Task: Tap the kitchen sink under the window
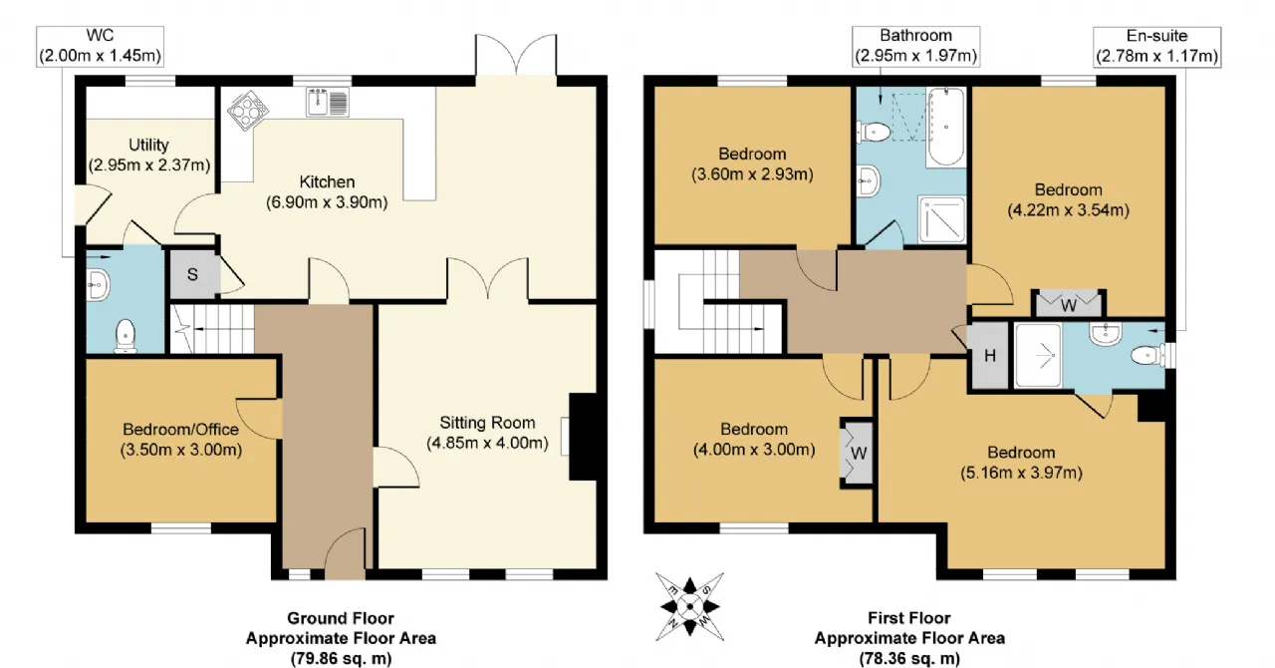[328, 102]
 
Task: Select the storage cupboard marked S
[193, 274]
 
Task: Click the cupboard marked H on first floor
[989, 356]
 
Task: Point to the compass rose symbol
[690, 606]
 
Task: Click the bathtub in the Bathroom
[946, 127]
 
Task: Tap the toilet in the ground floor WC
[126, 336]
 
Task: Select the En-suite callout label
[1157, 46]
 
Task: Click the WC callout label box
[101, 46]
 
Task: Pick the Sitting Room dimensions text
[488, 443]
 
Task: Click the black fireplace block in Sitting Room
[583, 436]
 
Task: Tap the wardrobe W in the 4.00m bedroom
[858, 454]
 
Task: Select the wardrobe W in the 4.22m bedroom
[1069, 304]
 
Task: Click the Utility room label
[148, 145]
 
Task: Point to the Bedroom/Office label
[181, 429]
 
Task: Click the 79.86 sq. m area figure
[342, 658]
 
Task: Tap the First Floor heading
[909, 618]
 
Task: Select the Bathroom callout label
[915, 46]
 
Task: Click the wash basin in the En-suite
[1106, 333]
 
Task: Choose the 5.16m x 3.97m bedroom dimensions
[1021, 473]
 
